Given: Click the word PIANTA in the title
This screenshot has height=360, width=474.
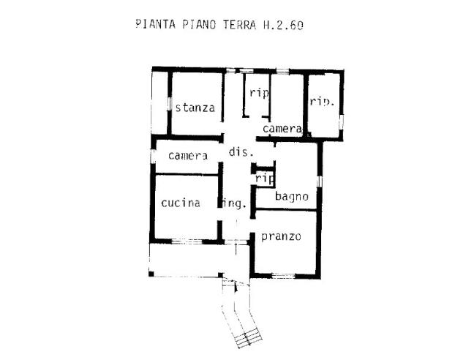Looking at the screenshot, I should point(155,24).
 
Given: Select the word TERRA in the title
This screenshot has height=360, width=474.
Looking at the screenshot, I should point(233,24).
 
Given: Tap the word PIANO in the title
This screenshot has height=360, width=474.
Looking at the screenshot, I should point(196,24).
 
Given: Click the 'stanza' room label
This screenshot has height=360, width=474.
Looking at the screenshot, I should point(195,108).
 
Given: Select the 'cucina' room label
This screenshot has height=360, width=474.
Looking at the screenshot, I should point(181,203).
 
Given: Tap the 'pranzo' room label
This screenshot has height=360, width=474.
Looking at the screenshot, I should point(281,236).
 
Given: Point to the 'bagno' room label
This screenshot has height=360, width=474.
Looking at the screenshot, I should point(291,196).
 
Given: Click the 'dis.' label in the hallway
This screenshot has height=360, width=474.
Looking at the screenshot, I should point(241,152).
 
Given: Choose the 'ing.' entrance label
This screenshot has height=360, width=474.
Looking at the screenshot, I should point(233,203).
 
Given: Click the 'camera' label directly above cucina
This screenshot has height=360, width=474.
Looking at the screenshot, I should point(188,155).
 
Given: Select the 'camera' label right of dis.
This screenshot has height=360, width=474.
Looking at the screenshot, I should point(282,129).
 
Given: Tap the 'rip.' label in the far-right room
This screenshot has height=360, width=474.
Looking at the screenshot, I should point(322,102).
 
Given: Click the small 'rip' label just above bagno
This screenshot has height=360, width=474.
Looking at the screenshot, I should point(264,177).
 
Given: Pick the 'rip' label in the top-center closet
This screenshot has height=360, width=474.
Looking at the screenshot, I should point(260,93).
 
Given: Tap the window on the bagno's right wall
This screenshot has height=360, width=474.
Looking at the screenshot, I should point(319,180).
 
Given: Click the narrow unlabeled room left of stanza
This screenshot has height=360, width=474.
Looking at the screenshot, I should point(159,102).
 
